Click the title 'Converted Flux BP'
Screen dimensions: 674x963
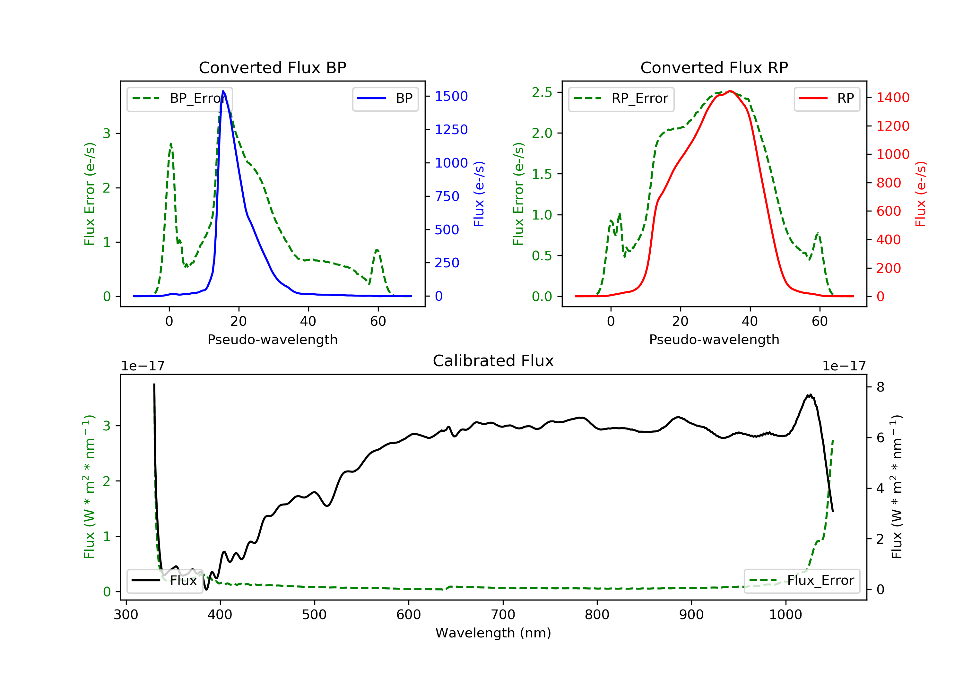point(272,67)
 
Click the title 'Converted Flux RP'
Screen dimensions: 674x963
point(714,67)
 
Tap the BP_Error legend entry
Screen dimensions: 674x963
point(179,99)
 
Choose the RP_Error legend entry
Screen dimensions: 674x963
point(621,99)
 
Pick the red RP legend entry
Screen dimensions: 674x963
point(827,99)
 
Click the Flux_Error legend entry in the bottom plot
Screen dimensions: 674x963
point(802,581)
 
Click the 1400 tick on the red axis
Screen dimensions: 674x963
point(892,98)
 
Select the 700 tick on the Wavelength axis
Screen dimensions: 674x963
point(502,615)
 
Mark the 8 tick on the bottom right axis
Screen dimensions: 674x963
point(881,387)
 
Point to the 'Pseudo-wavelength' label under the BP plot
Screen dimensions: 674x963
point(272,340)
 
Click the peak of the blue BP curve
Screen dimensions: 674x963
point(223,91)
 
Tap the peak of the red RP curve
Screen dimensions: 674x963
point(730,91)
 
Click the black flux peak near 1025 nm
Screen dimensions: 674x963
point(810,395)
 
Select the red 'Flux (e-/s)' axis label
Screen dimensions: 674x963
point(920,194)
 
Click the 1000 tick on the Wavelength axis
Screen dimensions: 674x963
point(785,615)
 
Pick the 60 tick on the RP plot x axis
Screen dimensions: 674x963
point(820,322)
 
